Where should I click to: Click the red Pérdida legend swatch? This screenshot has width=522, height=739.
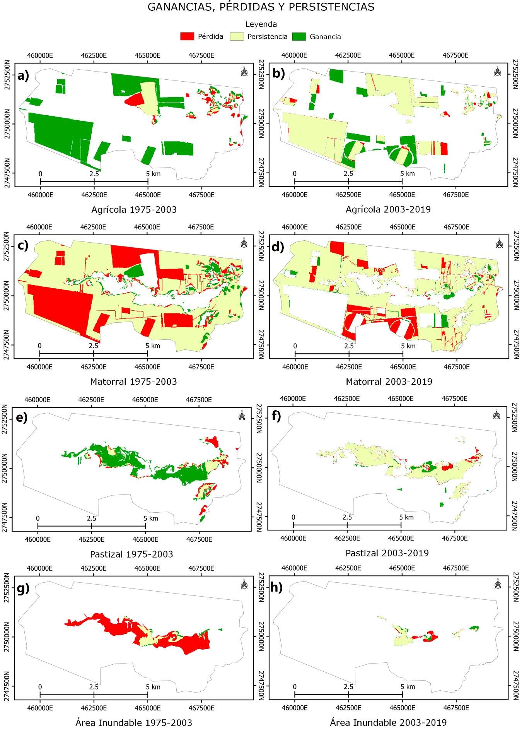(187, 36)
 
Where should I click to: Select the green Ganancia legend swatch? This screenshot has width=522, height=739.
(299, 36)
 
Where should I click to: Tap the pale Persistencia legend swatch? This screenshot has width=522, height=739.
(237, 36)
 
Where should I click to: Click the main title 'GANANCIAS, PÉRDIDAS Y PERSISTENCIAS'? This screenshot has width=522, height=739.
(261, 7)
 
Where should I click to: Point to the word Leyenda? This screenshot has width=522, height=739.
(261, 24)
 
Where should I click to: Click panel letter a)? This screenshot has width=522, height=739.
(23, 75)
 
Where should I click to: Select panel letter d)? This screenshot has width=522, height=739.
(278, 246)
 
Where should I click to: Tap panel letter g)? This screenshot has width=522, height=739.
(23, 588)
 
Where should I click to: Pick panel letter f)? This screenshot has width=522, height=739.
(276, 416)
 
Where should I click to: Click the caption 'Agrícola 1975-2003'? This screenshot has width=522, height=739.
(134, 210)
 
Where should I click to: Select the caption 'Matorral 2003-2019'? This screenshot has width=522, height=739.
(389, 382)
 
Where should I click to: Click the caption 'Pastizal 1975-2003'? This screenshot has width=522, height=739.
(131, 554)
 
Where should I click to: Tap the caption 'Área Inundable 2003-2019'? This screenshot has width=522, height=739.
(388, 723)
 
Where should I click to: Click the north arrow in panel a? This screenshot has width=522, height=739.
(244, 72)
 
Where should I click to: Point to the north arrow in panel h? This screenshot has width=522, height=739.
(498, 584)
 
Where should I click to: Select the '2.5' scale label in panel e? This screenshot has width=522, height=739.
(92, 518)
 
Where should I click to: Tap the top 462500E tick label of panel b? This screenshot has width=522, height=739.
(348, 55)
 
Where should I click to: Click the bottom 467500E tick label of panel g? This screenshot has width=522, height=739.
(201, 708)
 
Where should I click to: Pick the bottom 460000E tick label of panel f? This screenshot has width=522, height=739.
(293, 538)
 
